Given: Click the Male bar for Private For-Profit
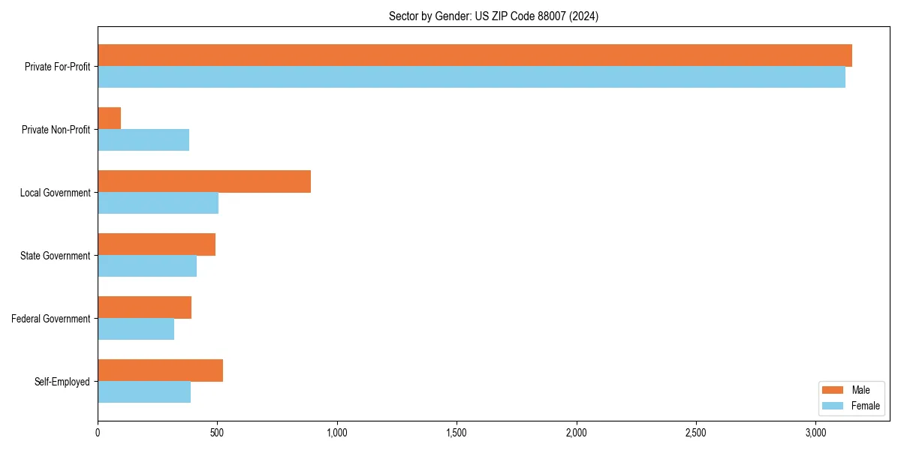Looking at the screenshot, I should tap(475, 55).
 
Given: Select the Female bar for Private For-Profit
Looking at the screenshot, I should tap(472, 76).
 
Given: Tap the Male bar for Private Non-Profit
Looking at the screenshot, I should tap(110, 118).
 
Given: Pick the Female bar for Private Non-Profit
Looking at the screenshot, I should tap(143, 139).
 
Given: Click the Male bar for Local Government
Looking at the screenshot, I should tap(204, 181).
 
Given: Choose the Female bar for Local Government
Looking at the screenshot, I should tap(158, 202).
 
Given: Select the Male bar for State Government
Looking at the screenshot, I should tap(156, 244).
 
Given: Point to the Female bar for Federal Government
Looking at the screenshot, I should tap(136, 328).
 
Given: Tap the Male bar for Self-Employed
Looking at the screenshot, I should tap(160, 370).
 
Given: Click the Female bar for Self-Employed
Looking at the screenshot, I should tap(144, 391).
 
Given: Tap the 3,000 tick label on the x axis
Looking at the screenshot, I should tap(815, 433).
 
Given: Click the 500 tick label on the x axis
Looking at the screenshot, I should tap(217, 433).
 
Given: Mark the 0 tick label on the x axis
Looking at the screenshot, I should tap(98, 433).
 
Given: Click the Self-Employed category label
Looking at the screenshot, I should tap(62, 382).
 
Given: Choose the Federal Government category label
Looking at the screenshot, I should tap(51, 319).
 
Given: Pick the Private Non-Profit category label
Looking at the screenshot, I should tap(56, 130).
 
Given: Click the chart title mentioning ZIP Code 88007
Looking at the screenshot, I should tap(493, 16).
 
